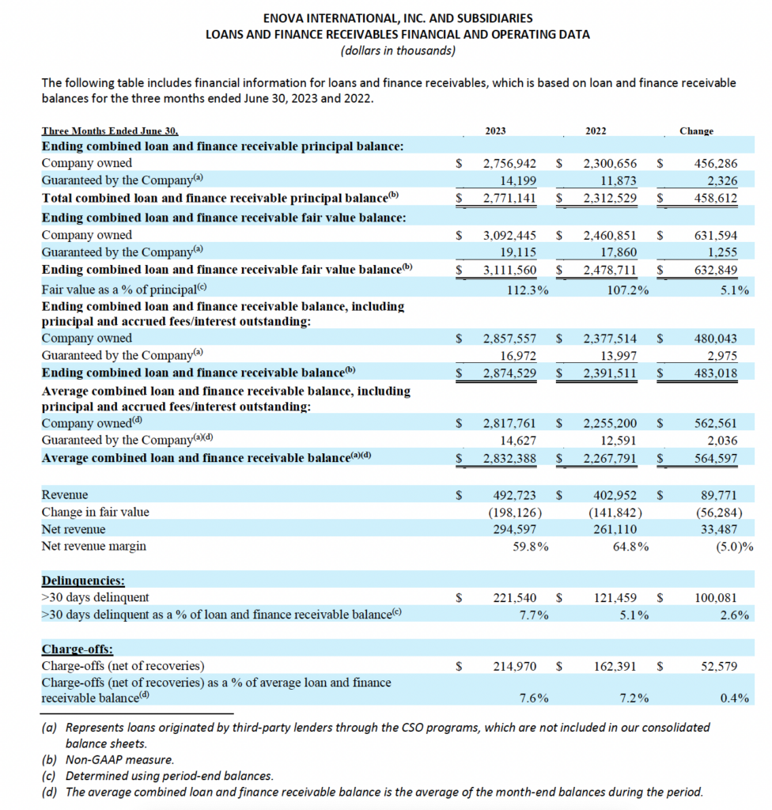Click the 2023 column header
coord(496,131)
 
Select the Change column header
coord(696,131)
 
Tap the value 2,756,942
coord(509,164)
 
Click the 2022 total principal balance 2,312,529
coord(610,198)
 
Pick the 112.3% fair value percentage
coord(528,290)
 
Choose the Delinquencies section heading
coord(83,581)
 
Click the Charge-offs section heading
coord(77,649)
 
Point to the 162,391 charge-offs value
coord(620,666)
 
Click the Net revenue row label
coord(73,529)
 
